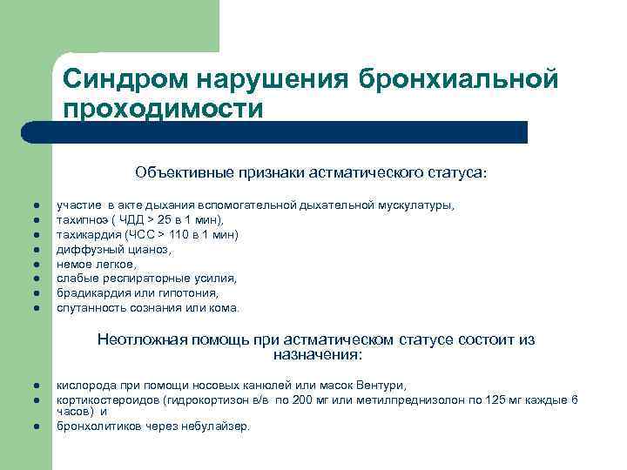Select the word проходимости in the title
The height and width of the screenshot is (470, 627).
tap(162, 110)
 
